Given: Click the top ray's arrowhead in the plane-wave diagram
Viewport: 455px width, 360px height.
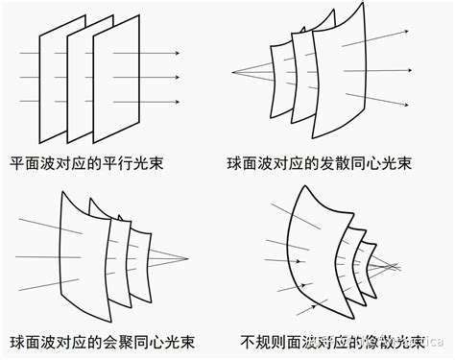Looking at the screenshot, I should (x=178, y=54).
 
